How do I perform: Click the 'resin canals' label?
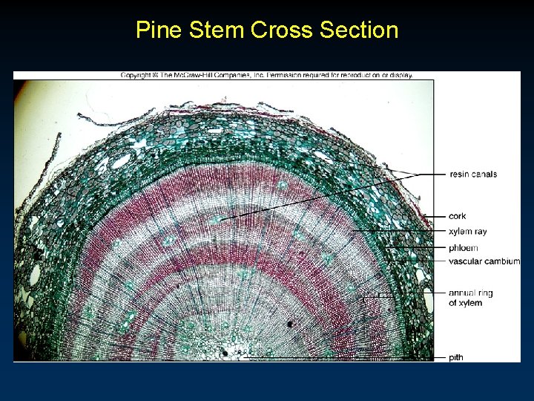click(x=473, y=175)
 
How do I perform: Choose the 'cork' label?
click(x=458, y=216)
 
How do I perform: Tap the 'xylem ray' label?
click(x=468, y=232)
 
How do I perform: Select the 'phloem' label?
click(x=464, y=247)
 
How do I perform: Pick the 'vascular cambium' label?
click(x=484, y=261)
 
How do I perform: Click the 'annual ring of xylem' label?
click(x=470, y=298)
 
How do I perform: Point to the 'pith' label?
click(x=456, y=357)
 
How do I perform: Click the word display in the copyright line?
click(x=400, y=74)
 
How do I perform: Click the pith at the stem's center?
click(x=228, y=351)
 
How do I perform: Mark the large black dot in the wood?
click(x=290, y=324)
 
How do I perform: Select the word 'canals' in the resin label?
click(x=484, y=175)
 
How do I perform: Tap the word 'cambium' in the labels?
click(x=504, y=261)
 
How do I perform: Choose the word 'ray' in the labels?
click(x=480, y=232)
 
